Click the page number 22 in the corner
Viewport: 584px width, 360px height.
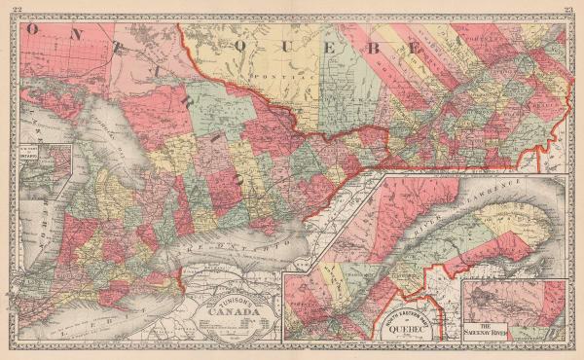tap(15, 9)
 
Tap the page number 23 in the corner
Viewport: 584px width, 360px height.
tap(568, 9)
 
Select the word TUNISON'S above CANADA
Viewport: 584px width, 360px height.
tap(228, 296)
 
